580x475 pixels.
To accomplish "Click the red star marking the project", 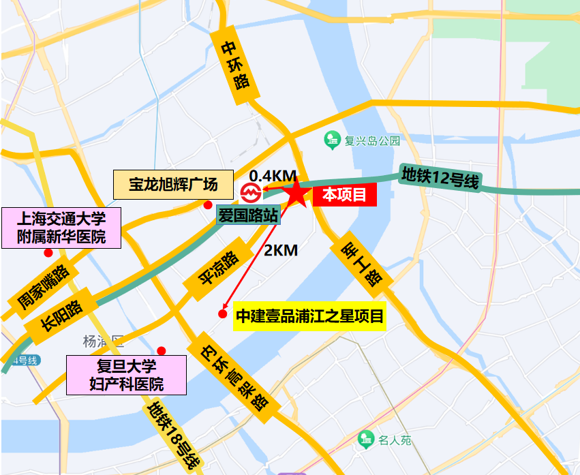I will (297, 194).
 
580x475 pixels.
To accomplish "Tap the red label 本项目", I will (344, 196).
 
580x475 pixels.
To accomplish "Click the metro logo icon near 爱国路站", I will (249, 192).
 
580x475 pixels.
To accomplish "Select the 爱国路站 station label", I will (248, 216).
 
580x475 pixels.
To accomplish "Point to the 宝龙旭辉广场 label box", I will (173, 184).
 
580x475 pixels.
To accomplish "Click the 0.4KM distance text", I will (273, 176).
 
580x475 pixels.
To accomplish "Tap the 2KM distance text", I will (281, 250).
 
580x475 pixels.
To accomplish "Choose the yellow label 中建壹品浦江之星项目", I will (309, 316).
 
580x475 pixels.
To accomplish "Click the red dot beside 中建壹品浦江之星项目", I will (222, 314).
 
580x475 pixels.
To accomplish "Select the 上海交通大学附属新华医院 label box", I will (61, 228).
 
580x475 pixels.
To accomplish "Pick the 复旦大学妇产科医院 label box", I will (126, 375).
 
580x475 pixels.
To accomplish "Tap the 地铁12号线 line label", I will (440, 179).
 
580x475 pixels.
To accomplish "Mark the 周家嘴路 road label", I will (43, 289).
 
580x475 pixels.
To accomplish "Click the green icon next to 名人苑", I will (367, 440).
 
